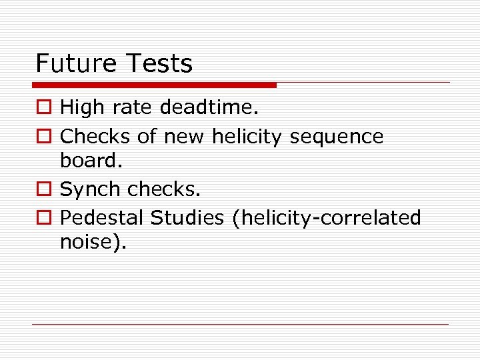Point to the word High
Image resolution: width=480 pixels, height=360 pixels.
tap(81, 106)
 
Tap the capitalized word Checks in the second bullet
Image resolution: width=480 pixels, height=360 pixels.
tap(95, 137)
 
